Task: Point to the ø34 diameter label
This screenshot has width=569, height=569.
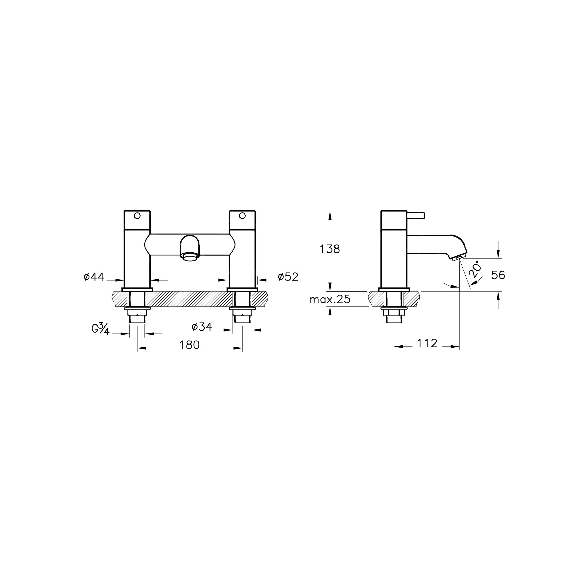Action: [x=202, y=327]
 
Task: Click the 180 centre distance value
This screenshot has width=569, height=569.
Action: [x=190, y=345]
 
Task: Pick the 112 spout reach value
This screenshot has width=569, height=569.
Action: [x=427, y=343]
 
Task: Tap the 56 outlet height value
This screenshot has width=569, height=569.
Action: [x=498, y=275]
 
